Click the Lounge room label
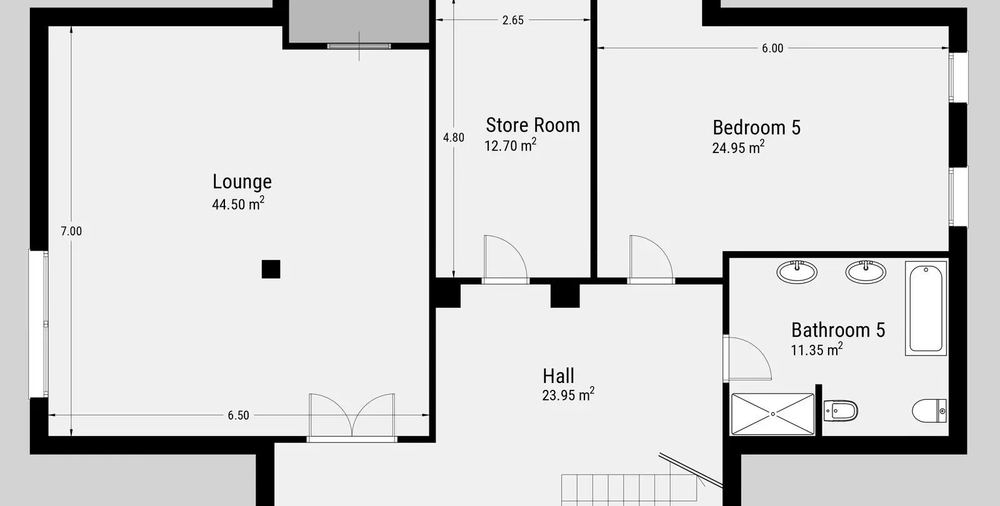click(x=242, y=182)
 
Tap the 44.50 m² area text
click(x=238, y=204)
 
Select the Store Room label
click(x=532, y=126)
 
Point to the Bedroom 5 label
click(x=756, y=127)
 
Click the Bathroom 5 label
click(x=838, y=330)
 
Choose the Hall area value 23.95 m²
click(x=568, y=394)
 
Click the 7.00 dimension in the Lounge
click(x=71, y=231)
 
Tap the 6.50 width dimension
click(x=238, y=415)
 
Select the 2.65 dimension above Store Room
click(x=513, y=20)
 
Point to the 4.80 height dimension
click(x=454, y=137)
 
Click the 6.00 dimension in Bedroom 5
click(x=772, y=48)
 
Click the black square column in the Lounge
click(x=271, y=269)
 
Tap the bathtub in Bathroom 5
click(x=926, y=309)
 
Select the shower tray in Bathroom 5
click(x=772, y=414)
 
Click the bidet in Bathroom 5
click(x=841, y=410)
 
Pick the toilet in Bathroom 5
click(x=929, y=410)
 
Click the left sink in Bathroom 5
click(x=797, y=272)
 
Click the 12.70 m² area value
click(x=510, y=145)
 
